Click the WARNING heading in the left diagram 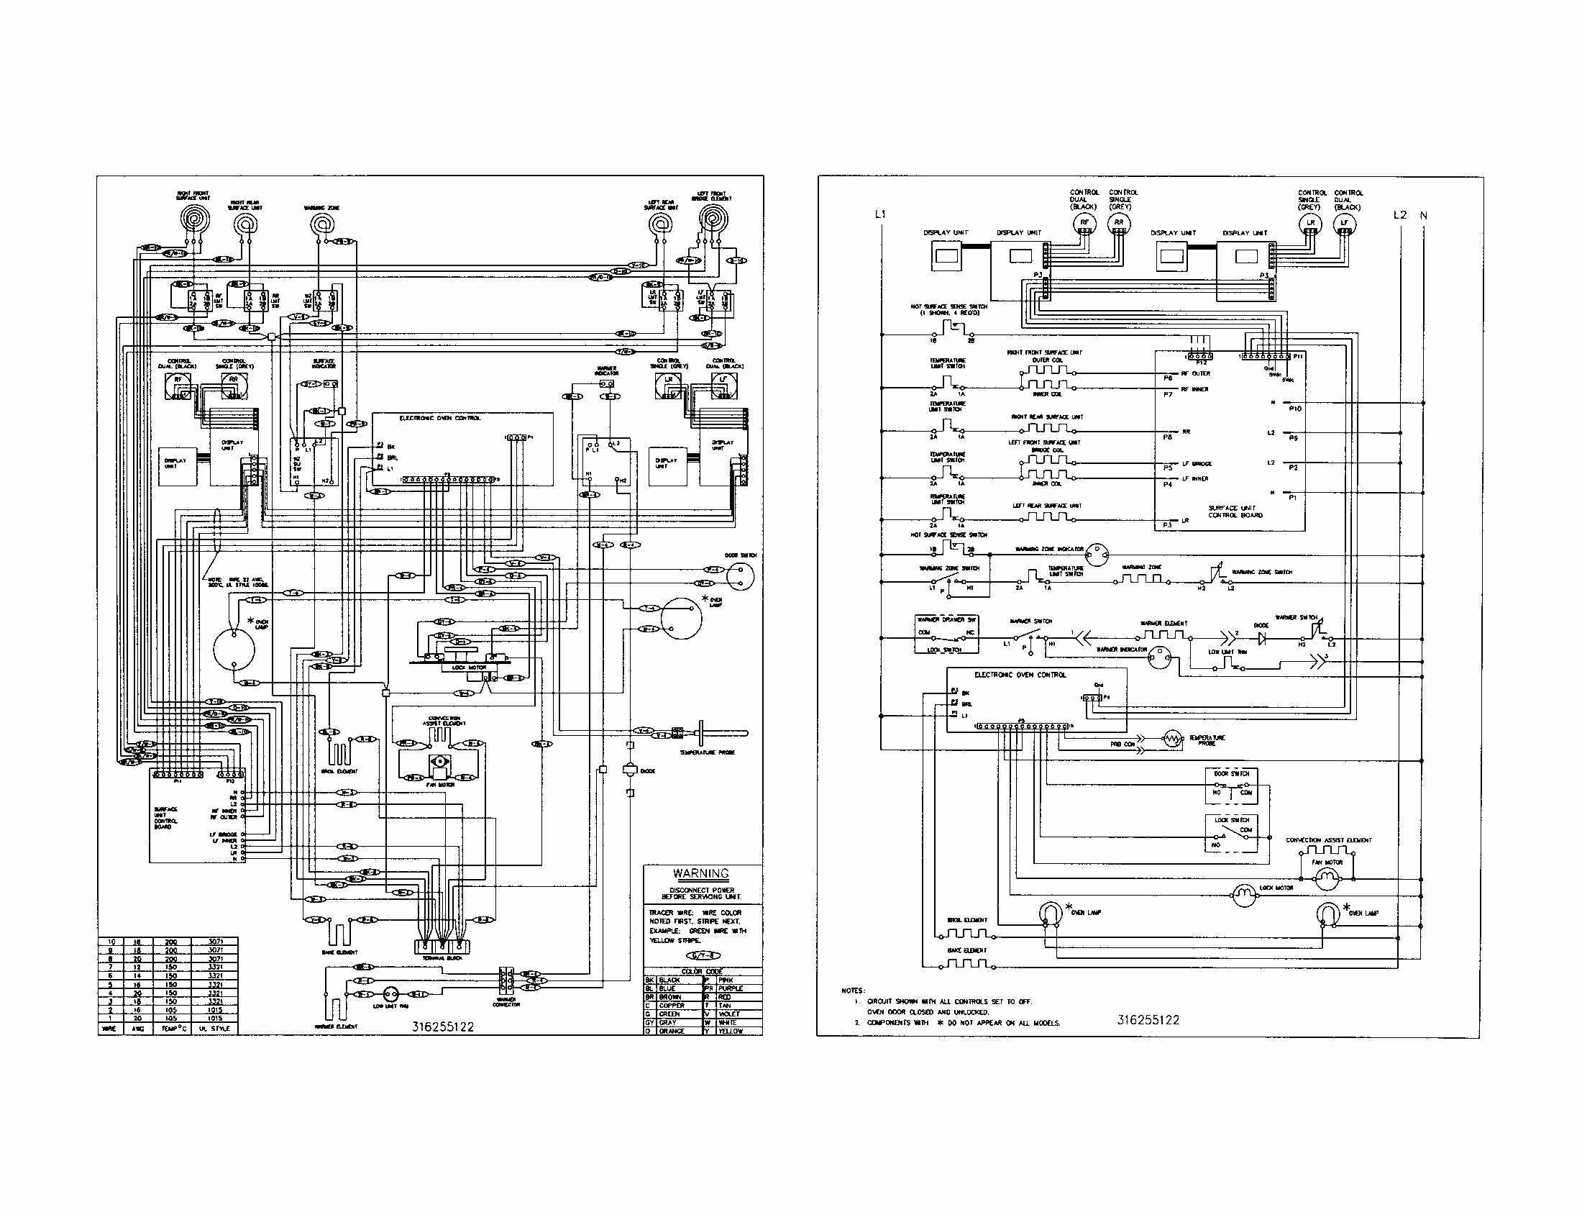(700, 874)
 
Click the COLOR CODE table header (702, 972)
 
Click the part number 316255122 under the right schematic (1148, 1020)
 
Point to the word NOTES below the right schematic (853, 990)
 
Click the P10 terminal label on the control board (1295, 409)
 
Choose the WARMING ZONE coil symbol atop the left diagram (320, 224)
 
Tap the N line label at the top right (1423, 215)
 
